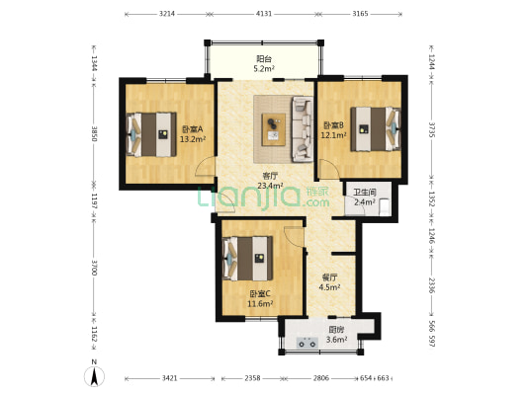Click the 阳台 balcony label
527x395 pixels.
click(264, 59)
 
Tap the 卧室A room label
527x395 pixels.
click(192, 129)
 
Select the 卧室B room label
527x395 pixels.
click(333, 125)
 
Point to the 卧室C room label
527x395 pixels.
click(260, 294)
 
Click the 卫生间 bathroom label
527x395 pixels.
click(364, 193)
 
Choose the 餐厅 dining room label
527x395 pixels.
click(329, 277)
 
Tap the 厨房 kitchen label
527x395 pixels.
click(336, 330)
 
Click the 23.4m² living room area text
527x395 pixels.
click(270, 186)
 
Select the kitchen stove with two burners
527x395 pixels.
click(307, 343)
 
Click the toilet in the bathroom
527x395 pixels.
click(385, 207)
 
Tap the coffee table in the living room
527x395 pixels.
click(274, 129)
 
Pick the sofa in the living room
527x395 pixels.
click(303, 129)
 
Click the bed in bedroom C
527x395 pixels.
click(248, 259)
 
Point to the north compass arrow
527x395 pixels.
click(95, 376)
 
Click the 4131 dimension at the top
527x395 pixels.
click(264, 14)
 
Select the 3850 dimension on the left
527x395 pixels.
click(95, 133)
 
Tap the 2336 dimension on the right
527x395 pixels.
click(432, 285)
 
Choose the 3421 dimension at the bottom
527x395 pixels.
click(170, 378)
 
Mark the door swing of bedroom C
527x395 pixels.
click(294, 237)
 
